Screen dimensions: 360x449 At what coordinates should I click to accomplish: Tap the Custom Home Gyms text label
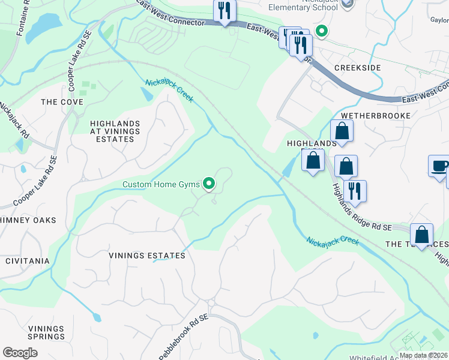point(161,184)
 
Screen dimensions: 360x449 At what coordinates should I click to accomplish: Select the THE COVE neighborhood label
point(62,102)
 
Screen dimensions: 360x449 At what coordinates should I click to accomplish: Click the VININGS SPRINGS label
point(46,332)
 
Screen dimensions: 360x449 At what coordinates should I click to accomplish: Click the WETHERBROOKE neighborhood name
point(375,115)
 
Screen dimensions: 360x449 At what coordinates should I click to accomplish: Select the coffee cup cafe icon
point(438,166)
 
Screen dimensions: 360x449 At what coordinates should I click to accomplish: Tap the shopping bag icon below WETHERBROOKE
point(342,131)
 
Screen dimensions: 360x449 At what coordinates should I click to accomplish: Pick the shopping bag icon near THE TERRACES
point(421,235)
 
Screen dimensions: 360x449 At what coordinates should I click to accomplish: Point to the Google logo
point(20,353)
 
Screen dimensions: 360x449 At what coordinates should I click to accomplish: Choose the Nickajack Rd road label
point(14,119)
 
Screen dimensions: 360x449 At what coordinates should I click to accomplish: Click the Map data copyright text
point(423,355)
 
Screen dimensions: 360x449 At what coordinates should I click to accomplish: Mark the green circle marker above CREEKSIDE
point(321,31)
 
